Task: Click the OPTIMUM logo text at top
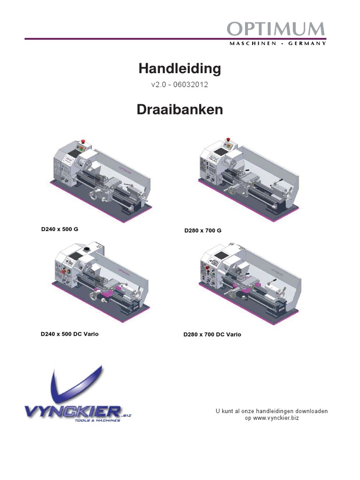point(276,29)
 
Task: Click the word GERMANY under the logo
point(307,44)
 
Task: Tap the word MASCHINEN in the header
point(253,44)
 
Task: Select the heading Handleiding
point(180,68)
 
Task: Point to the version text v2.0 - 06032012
point(180,84)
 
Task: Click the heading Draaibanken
point(180,109)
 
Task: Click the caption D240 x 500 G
point(60,229)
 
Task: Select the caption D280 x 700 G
point(202,231)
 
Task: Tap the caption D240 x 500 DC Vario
point(69,334)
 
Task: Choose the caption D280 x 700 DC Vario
point(212,335)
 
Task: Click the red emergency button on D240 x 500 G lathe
point(82,142)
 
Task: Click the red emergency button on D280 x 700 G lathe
point(227,140)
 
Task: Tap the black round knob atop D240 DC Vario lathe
point(88,248)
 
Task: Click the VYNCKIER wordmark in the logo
point(73,412)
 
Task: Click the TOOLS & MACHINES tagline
point(97,420)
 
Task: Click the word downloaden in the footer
point(312,411)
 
